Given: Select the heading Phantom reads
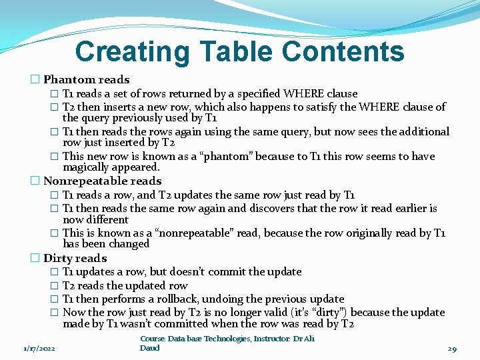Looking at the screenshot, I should pyautogui.click(x=87, y=80).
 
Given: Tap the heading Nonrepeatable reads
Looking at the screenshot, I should pyautogui.click(x=102, y=181).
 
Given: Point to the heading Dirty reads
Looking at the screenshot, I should pyautogui.click(x=75, y=258).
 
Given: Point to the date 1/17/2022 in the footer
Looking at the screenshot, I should pyautogui.click(x=39, y=348).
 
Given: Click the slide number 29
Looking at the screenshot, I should pyautogui.click(x=451, y=348).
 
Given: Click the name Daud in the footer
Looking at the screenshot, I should pyautogui.click(x=150, y=348).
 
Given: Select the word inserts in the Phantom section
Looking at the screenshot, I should pyautogui.click(x=122, y=107).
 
